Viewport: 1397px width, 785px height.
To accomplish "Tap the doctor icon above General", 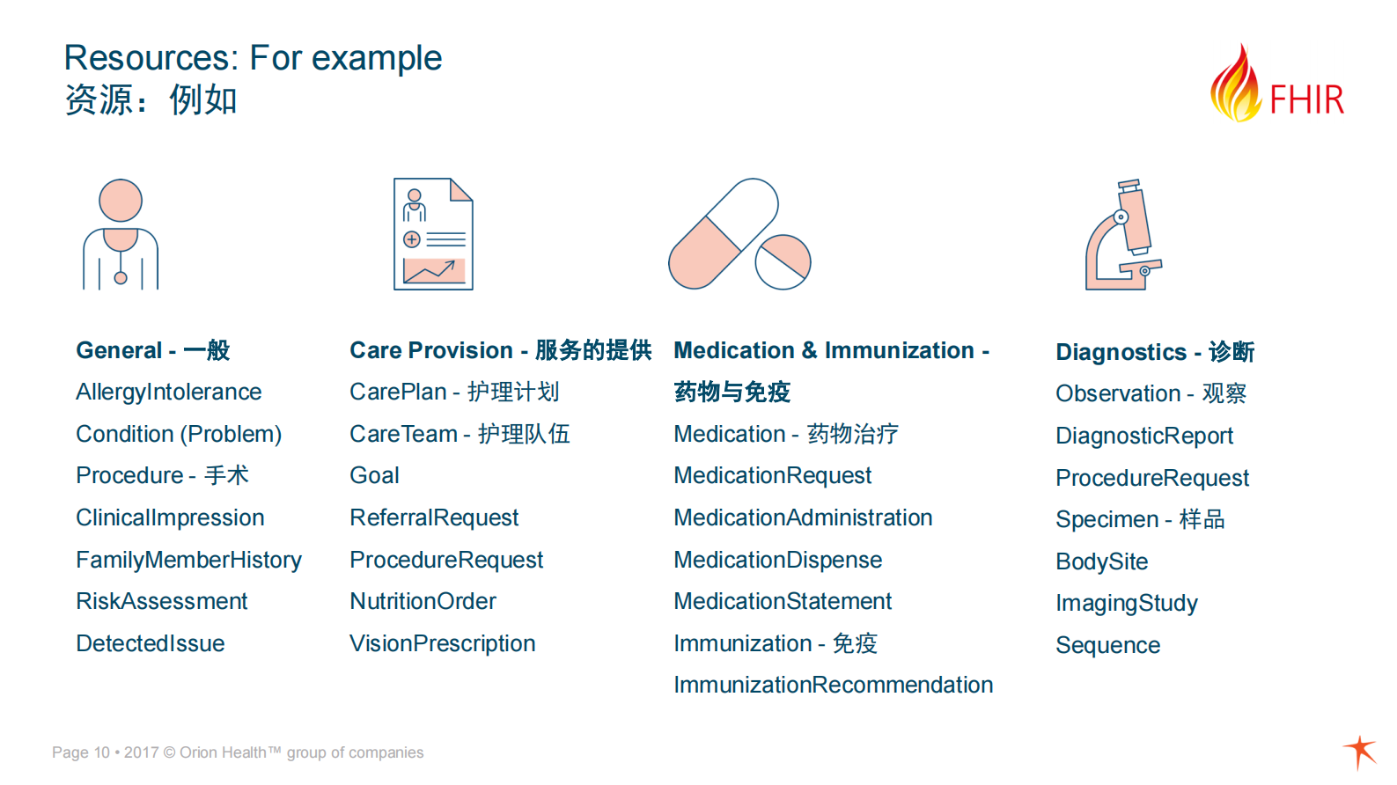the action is (x=121, y=234).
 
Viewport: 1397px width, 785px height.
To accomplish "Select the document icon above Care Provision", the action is (x=433, y=234).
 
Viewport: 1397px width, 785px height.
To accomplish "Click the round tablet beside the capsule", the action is (x=783, y=262).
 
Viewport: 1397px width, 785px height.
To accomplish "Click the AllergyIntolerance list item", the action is (x=168, y=392).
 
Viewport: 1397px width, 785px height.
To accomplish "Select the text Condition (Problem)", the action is (x=179, y=434).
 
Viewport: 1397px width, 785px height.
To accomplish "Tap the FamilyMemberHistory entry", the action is (x=188, y=560).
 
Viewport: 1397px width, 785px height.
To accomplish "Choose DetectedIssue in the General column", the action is (x=151, y=643).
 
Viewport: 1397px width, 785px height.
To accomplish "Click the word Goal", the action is (x=374, y=476).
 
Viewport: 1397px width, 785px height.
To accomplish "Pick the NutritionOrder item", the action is (x=423, y=602).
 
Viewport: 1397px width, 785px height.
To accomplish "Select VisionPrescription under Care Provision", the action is (x=442, y=643).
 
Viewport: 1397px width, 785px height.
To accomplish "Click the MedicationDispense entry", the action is (x=777, y=560).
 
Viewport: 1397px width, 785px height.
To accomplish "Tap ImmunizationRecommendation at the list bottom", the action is (x=834, y=686).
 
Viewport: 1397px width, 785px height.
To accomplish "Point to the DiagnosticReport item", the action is (x=1144, y=436).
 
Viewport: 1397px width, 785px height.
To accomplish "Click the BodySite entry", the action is (x=1101, y=561).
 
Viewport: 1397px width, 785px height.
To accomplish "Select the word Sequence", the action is (x=1107, y=645).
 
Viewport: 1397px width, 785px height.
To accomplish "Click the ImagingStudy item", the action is (x=1127, y=604).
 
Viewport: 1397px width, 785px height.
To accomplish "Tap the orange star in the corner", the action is (x=1361, y=752).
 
